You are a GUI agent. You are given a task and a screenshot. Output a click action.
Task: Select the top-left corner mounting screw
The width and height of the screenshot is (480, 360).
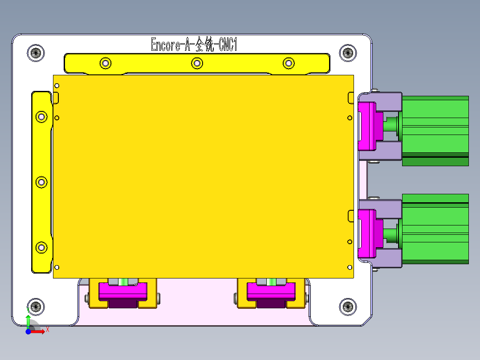(x=36, y=53)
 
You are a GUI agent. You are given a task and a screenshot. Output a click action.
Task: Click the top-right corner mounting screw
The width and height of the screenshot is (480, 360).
(x=348, y=53)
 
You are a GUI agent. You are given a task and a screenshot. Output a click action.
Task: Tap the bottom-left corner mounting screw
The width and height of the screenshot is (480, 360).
(x=36, y=307)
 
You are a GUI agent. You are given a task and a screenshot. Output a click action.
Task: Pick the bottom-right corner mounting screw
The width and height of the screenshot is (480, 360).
(x=348, y=307)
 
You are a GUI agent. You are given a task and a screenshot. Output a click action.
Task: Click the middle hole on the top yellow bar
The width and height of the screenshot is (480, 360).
(x=197, y=63)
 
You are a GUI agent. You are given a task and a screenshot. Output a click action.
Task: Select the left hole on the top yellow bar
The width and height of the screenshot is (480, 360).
(x=105, y=63)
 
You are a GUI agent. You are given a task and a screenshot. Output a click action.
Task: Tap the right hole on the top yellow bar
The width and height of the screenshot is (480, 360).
(x=289, y=63)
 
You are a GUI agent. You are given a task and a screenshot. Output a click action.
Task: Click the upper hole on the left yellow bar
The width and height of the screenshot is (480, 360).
(x=41, y=117)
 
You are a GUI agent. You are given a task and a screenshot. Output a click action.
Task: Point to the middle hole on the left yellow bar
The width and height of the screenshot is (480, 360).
(x=41, y=182)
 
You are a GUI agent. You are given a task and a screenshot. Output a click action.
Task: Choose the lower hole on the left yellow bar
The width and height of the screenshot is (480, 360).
(x=41, y=247)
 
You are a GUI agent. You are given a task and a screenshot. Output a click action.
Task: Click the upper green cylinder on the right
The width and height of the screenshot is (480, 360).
(x=435, y=131)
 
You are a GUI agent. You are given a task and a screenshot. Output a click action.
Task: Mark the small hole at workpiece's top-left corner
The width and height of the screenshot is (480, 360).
(x=57, y=86)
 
